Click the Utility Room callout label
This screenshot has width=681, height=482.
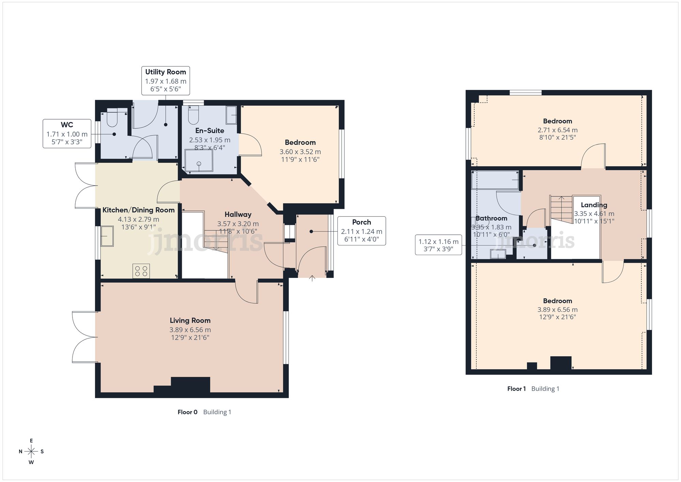click(x=165, y=81)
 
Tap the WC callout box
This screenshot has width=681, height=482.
click(x=67, y=134)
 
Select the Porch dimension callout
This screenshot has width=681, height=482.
click(x=362, y=231)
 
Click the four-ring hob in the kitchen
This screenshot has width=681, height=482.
click(x=141, y=271)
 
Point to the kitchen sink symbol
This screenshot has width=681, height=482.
click(x=107, y=236)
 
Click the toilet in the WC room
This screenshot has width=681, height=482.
click(x=112, y=118)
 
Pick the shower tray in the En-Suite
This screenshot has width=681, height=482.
click(x=199, y=160)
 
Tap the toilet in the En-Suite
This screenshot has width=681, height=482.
click(x=193, y=115)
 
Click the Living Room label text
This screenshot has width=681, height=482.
click(x=190, y=321)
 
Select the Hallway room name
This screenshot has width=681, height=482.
click(x=238, y=215)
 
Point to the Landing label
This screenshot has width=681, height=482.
click(x=594, y=205)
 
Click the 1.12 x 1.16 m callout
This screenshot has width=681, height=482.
click(x=438, y=245)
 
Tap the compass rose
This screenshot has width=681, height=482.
click(x=31, y=452)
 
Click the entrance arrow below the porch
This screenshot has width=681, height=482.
click(x=312, y=278)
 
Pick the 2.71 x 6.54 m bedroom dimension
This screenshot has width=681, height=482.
click(x=557, y=130)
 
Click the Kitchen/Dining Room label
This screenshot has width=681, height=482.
click(x=139, y=210)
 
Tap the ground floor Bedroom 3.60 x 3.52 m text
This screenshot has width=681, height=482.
click(x=300, y=152)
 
